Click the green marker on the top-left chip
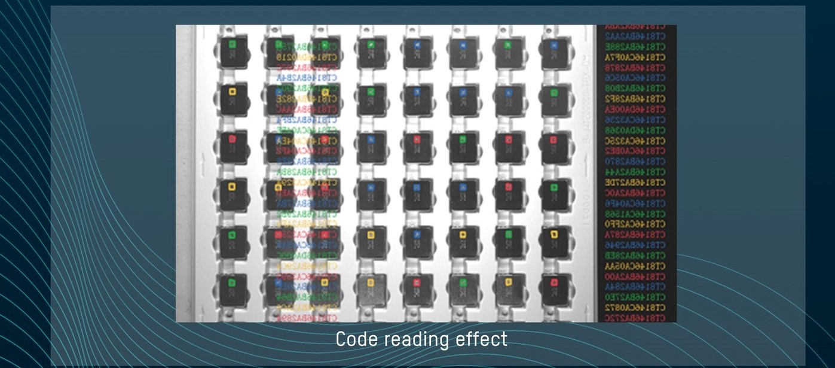(233, 44)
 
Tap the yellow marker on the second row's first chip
(233, 92)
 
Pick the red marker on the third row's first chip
(233, 139)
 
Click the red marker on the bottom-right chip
(554, 282)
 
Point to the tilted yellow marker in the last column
(554, 233)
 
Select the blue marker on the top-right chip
(554, 44)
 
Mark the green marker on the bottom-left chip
(233, 282)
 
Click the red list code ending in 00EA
(635, 110)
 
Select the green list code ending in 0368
(635, 130)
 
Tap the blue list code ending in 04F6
(635, 203)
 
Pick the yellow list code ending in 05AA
(635, 266)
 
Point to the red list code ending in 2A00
(635, 276)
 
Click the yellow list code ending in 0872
(635, 307)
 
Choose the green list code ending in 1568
(635, 214)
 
